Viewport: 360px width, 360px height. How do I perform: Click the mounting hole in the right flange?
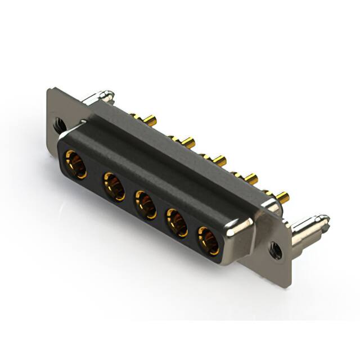tap(276, 250)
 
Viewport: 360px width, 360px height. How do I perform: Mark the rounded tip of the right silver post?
tap(325, 217)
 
